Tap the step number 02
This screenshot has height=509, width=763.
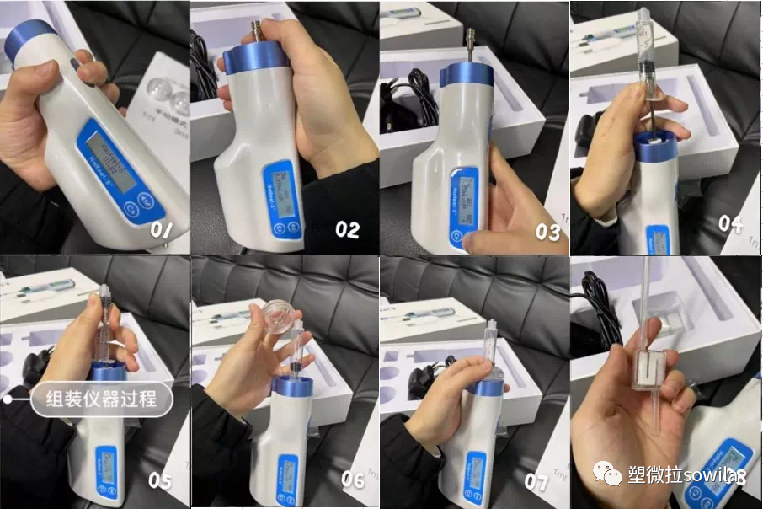(347, 229)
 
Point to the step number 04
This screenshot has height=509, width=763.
(731, 222)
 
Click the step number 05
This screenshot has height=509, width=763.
(159, 480)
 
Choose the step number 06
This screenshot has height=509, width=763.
(353, 480)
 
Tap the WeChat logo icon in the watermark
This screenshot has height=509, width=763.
(609, 475)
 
